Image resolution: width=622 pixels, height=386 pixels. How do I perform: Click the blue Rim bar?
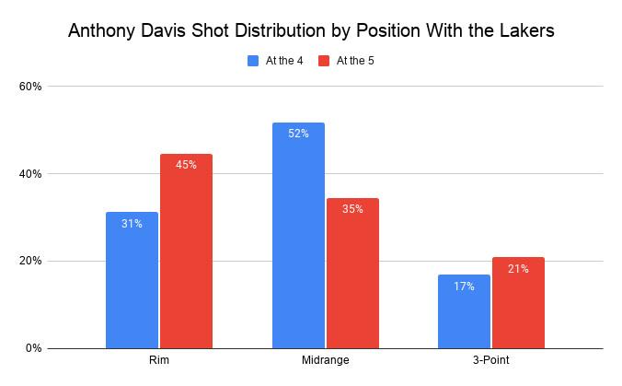[132, 280]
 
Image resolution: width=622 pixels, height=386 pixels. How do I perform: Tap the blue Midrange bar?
[298, 235]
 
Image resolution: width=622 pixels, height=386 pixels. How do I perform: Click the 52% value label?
[298, 134]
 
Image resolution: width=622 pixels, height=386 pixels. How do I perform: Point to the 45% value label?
[186, 165]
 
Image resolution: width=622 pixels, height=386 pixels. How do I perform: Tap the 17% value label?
[464, 287]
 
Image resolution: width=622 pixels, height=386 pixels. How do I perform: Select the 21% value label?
[518, 269]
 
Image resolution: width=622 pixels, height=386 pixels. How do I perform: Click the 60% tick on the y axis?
[30, 87]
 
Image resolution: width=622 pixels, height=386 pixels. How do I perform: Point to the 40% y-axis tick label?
[30, 174]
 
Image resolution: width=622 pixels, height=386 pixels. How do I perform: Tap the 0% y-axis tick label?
[34, 348]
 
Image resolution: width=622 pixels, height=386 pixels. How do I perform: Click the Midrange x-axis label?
[326, 360]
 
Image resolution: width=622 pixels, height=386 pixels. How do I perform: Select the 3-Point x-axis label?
[490, 360]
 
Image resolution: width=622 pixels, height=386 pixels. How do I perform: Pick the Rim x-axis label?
[158, 360]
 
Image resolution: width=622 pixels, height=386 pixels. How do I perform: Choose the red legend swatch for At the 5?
[324, 61]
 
